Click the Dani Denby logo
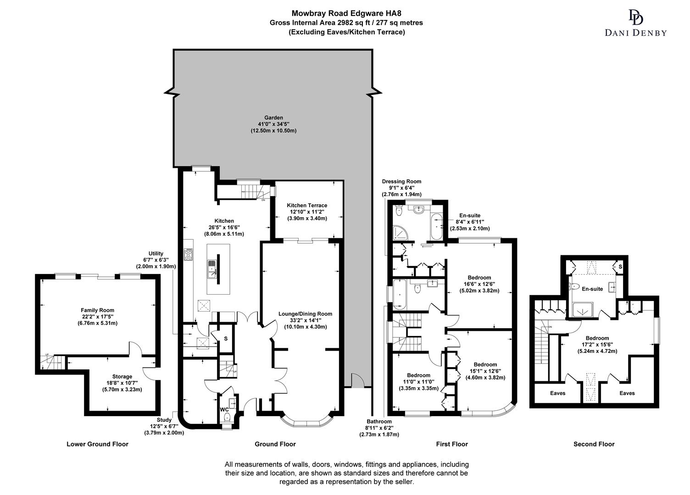635,23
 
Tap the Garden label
273,118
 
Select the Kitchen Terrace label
307,205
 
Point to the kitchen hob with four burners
189,254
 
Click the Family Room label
97,310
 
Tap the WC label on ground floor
224,409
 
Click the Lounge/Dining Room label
305,314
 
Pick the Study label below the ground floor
164,420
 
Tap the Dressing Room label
401,181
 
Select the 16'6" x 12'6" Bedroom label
479,277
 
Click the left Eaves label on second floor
557,393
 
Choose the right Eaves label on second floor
627,393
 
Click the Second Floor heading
594,444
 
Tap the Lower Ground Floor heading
97,444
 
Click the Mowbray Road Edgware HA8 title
346,14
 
